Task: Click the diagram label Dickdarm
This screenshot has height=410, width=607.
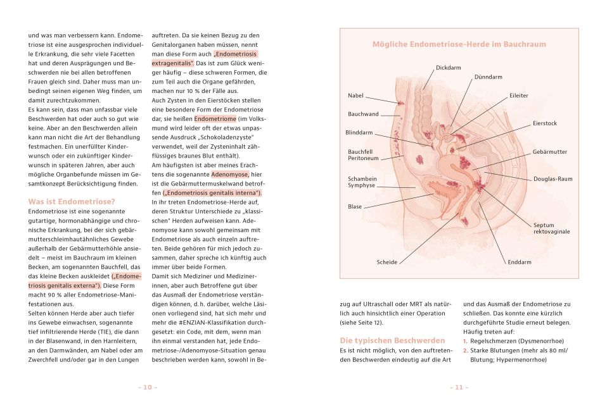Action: [448, 67]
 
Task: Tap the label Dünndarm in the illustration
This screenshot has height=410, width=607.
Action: [488, 77]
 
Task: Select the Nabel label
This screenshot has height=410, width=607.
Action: [355, 96]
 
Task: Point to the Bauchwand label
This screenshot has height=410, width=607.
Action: [363, 114]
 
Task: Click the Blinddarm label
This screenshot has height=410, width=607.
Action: [359, 133]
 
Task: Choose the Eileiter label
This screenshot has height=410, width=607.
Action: [518, 96]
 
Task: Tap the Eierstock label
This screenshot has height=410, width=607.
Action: [544, 123]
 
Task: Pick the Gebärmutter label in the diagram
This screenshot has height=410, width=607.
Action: [549, 152]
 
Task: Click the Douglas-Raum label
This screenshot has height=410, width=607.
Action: [553, 179]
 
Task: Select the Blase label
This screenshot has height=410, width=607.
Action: [355, 207]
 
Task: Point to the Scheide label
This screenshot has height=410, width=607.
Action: [387, 262]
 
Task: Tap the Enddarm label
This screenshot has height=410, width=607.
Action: [520, 262]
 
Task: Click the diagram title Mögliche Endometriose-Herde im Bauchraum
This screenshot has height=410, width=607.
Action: [458, 44]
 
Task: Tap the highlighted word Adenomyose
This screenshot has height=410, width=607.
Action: [229, 173]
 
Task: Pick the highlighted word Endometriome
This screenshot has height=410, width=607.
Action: [215, 118]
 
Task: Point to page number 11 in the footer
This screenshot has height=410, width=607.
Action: [459, 387]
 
